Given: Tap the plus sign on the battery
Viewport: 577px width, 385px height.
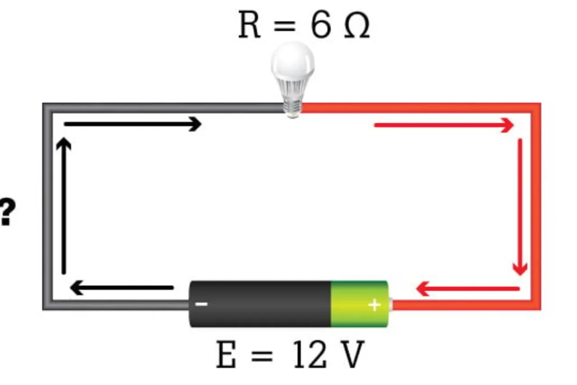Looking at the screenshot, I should click(374, 305).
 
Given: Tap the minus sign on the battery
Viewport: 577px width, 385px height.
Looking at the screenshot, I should click(201, 304).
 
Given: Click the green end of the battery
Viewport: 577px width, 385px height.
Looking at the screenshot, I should click(359, 304).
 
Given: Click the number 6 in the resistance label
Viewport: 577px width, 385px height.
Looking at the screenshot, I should click(321, 26).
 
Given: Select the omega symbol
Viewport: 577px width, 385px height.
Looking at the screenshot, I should click(357, 27).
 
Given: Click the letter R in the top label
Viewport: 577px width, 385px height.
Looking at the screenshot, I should click(249, 26).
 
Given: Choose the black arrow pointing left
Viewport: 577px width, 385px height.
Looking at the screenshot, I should click(122, 288).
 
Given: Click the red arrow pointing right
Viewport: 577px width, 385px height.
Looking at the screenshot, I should click(444, 125).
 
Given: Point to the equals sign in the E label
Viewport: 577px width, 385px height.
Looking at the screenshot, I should click(261, 355).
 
